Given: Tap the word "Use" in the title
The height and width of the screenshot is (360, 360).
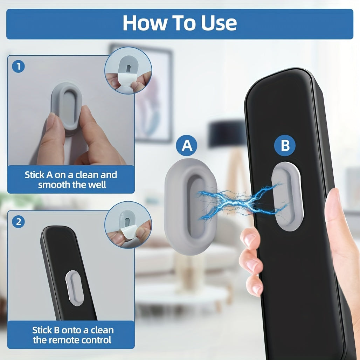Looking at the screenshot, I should (219, 23).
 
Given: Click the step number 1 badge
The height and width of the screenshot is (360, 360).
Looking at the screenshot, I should (18, 67).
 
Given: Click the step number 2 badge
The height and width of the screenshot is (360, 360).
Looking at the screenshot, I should (18, 222).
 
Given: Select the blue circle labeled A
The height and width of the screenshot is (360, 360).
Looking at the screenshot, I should (187, 146).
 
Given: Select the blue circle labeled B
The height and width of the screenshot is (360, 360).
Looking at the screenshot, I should (285, 145).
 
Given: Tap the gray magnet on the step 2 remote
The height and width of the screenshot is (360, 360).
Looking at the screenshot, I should (75, 288).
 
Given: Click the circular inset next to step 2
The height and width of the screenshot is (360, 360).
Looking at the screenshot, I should (128, 225).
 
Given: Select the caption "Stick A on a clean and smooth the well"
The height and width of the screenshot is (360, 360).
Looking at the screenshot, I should (71, 179).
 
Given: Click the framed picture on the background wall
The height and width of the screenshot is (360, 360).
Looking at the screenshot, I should (154, 95).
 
